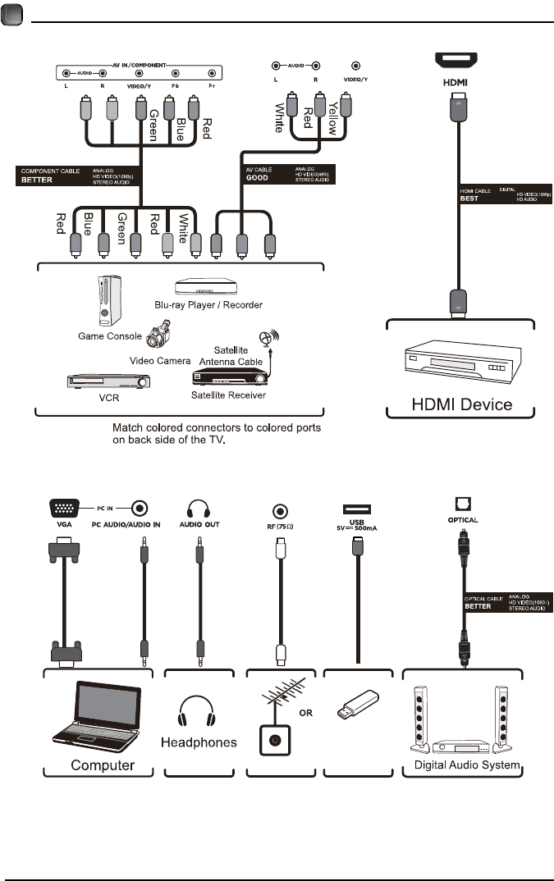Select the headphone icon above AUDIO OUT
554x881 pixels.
(197, 508)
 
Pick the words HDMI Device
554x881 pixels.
(461, 404)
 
